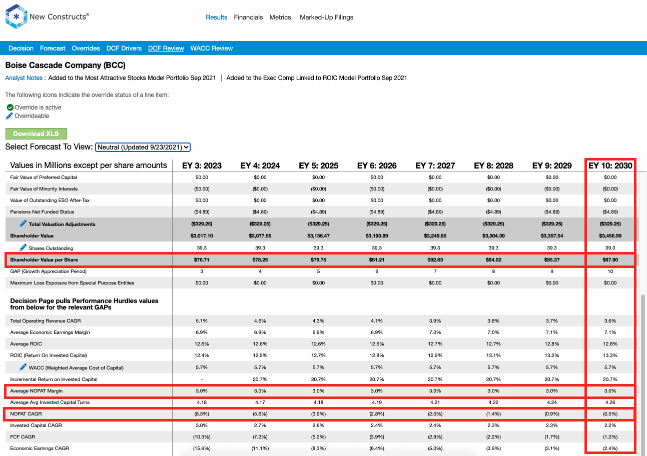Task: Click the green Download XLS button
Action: [36, 133]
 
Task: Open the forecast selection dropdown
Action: [143, 147]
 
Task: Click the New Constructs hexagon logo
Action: [16, 16]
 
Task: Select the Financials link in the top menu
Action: [248, 17]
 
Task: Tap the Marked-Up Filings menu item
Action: [326, 17]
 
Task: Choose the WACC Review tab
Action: [212, 48]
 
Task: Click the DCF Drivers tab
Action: [124, 48]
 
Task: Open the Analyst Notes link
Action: [24, 78]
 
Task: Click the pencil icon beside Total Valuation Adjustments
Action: [23, 223]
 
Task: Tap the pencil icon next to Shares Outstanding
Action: [23, 247]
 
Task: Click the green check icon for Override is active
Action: [10, 107]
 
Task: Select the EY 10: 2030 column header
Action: [610, 165]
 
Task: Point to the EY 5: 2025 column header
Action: [318, 165]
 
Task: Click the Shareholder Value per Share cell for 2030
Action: [610, 259]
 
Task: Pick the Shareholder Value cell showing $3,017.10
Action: [202, 236]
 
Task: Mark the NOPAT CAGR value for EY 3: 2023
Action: [202, 414]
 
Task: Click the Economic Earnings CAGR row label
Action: [40, 448]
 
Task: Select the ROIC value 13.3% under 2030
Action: [610, 355]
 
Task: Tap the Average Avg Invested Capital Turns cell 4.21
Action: [435, 402]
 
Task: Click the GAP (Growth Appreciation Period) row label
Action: [48, 271]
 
